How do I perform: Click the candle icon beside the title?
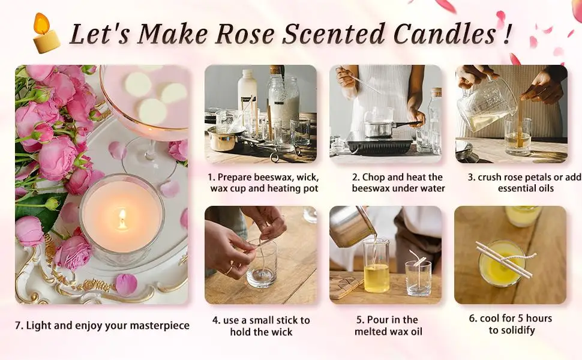[46, 34]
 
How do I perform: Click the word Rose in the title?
[245, 34]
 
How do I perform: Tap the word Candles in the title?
[445, 34]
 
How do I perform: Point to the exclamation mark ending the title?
[507, 34]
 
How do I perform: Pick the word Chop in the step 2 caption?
[373, 178]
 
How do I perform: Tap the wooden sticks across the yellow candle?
[504, 259]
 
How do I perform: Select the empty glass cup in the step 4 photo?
[262, 263]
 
